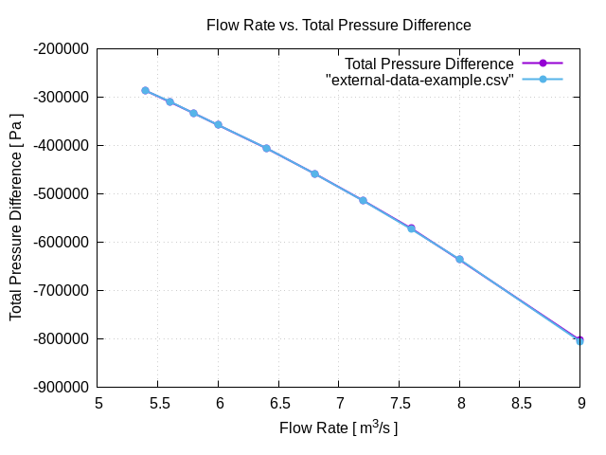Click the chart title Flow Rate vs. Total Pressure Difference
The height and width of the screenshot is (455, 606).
338,25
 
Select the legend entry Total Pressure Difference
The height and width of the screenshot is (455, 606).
428,64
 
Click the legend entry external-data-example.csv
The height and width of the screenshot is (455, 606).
419,80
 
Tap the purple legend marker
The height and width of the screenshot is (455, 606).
544,64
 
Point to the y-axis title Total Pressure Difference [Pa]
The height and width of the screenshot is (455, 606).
16,218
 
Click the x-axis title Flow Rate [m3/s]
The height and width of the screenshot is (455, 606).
338,428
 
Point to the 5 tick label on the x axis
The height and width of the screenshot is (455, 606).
98,403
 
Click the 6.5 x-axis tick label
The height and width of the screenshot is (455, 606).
279,403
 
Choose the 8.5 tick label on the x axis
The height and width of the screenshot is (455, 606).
521,403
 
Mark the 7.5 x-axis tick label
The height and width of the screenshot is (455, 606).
400,403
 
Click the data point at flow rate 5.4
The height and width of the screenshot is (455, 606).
145,91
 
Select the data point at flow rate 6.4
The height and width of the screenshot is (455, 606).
266,148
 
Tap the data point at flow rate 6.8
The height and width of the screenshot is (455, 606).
314,173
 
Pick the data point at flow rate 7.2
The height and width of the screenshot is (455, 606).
363,200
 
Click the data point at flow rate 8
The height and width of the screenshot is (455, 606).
459,259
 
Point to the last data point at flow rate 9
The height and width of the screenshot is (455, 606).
579,340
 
